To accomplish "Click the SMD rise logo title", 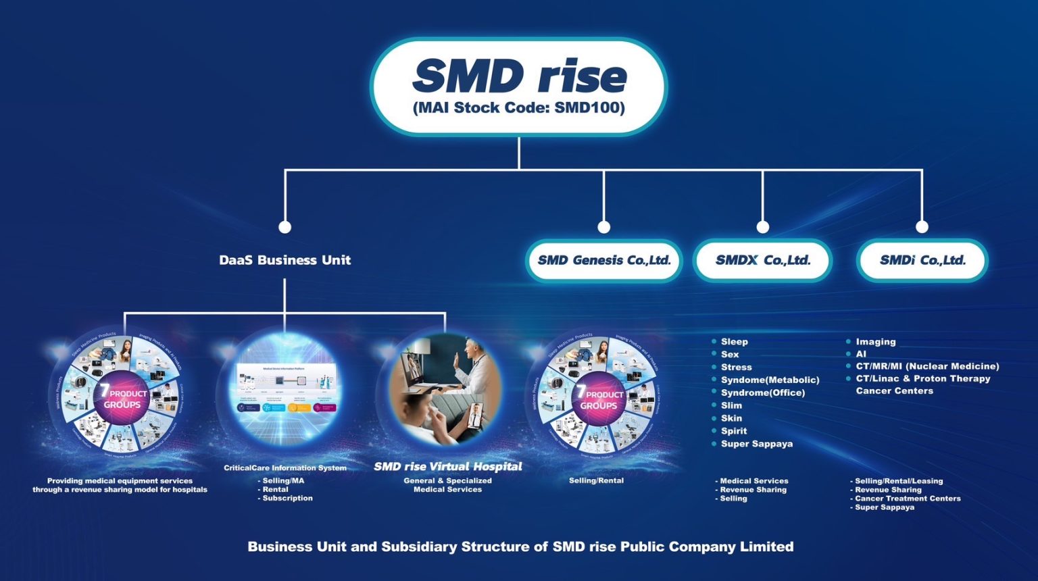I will [519, 75].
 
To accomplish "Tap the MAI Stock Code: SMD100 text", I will [519, 107].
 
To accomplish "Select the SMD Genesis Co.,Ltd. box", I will [603, 260].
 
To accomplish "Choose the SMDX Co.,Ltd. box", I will [762, 260].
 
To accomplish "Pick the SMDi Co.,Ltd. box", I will [922, 260].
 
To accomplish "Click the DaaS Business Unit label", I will [285, 260].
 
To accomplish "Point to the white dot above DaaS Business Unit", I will [285, 227].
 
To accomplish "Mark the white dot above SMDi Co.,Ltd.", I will [922, 227].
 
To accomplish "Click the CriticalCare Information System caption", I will [285, 468].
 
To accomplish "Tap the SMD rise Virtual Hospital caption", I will [447, 466].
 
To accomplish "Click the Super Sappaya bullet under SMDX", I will [756, 444].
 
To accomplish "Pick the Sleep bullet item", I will [734, 342].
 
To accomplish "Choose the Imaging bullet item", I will [875, 342].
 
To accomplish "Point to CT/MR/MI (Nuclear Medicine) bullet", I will [927, 366].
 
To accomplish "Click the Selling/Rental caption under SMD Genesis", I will [596, 480].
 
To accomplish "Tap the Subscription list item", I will [287, 498].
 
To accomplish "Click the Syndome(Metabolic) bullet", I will [770, 380].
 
